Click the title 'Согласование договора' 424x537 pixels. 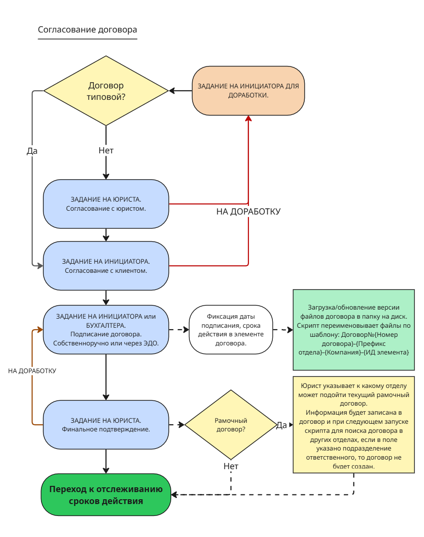[x=87, y=30]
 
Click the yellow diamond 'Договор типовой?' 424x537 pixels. [x=106, y=91]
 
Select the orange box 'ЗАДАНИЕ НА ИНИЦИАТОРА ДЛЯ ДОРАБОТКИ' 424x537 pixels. [x=248, y=91]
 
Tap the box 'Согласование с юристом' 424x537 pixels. [x=106, y=204]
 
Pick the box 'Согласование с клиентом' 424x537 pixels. [x=106, y=266]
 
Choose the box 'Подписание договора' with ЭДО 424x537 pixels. [x=106, y=330]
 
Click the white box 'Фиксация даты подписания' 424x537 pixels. [x=231, y=330]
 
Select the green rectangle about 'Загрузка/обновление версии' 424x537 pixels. [x=353, y=330]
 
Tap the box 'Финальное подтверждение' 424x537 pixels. [x=106, y=425]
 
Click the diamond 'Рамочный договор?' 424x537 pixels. [x=231, y=425]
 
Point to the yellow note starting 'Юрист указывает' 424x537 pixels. [x=353, y=425]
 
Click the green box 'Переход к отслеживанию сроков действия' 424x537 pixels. [x=106, y=495]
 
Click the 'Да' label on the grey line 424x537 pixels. [x=32, y=151]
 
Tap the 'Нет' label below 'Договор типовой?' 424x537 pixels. [x=106, y=150]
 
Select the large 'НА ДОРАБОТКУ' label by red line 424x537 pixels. [x=248, y=212]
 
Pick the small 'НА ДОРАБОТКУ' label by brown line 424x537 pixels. [x=32, y=371]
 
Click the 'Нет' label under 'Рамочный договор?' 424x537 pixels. [x=231, y=466]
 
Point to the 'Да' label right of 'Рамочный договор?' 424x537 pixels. [x=281, y=425]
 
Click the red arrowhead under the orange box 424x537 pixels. [x=248, y=118]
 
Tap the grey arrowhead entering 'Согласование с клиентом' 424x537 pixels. [x=41, y=266]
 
